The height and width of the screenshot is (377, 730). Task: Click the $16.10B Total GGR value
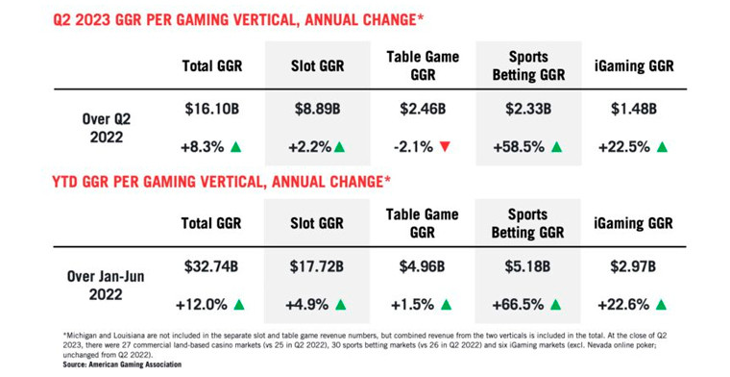pyautogui.click(x=212, y=111)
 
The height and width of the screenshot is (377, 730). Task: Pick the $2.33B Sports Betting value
pyautogui.click(x=529, y=111)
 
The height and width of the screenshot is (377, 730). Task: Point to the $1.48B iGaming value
pyautogui.click(x=633, y=111)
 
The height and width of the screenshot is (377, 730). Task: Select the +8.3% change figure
pyautogui.click(x=202, y=147)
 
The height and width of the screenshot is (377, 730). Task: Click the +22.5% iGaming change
pyautogui.click(x=622, y=147)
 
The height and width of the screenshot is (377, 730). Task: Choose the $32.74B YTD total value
pyautogui.click(x=212, y=268)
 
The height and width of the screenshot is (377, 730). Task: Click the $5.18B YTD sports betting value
pyautogui.click(x=529, y=268)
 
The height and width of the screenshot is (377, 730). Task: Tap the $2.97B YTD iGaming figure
pyautogui.click(x=633, y=268)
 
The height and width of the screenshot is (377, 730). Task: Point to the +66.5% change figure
pyautogui.click(x=519, y=305)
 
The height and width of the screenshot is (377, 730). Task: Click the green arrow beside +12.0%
pyautogui.click(x=239, y=305)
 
